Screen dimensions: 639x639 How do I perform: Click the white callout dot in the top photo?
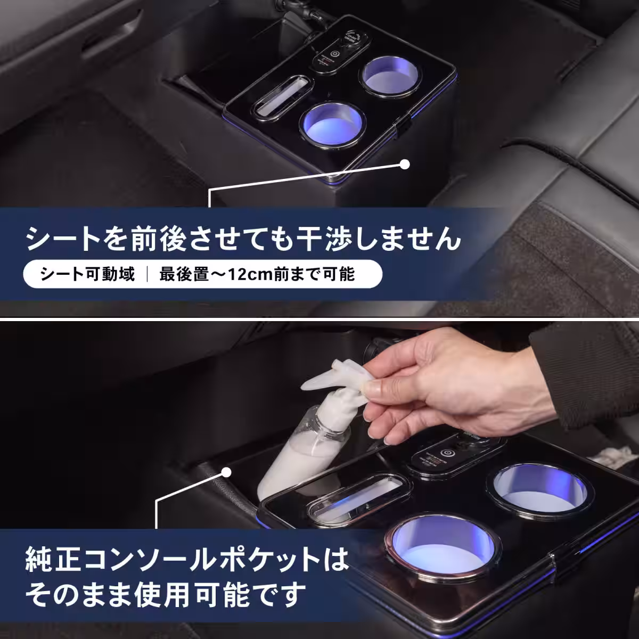[405, 164]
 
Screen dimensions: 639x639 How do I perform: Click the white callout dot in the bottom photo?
[226, 472]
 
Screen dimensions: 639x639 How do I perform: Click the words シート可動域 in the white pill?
[87, 275]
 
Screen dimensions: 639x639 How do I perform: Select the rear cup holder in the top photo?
[390, 75]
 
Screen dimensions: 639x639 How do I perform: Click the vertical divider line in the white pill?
[147, 275]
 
